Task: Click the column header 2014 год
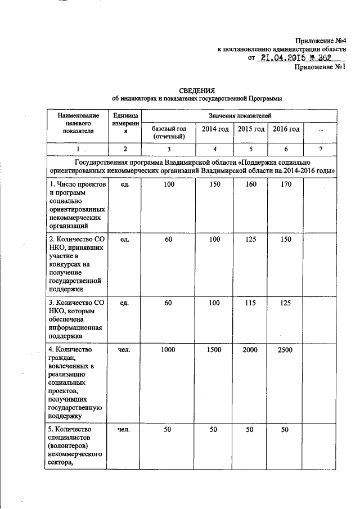click(215, 129)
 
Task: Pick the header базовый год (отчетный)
click(169, 133)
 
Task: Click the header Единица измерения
click(125, 122)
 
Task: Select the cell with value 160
click(250, 184)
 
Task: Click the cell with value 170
click(286, 184)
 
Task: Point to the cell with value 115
click(250, 303)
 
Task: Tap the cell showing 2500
click(286, 350)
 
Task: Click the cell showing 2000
click(250, 350)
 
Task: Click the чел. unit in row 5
click(125, 430)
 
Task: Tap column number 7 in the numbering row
click(321, 148)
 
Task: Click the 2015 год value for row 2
click(250, 240)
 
